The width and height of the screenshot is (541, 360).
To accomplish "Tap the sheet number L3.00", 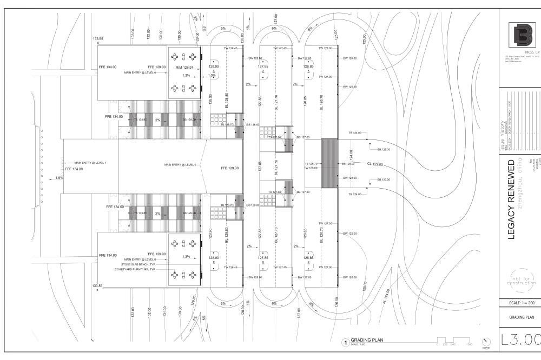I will coord(521,339).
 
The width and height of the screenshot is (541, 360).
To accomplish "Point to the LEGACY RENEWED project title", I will coord(511,198).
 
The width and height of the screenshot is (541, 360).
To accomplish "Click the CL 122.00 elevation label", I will coord(374,164).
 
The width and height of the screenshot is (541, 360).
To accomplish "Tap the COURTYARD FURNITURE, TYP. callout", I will coord(135,269).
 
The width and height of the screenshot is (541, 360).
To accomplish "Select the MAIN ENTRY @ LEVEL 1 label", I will coord(91,163).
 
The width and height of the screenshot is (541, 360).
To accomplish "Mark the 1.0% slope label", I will coord(212,75).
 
